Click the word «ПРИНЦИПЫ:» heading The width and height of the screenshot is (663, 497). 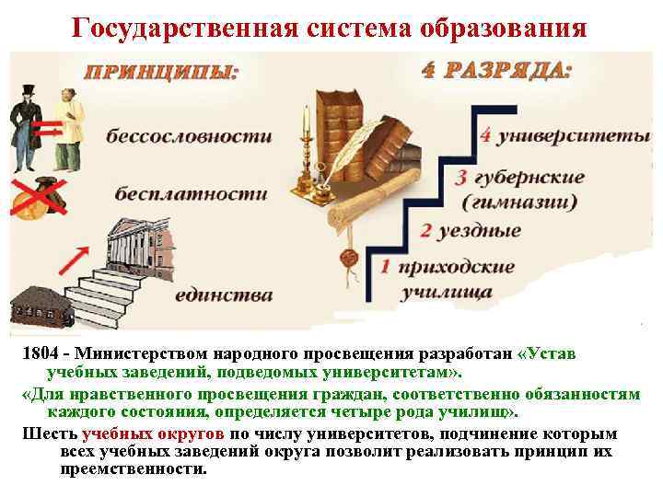[x=162, y=75]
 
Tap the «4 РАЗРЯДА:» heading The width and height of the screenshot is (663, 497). [x=495, y=71]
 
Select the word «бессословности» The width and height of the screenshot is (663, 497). [x=189, y=137]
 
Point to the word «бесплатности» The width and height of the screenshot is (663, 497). [x=192, y=194]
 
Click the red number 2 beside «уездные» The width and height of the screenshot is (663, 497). [x=425, y=230]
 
